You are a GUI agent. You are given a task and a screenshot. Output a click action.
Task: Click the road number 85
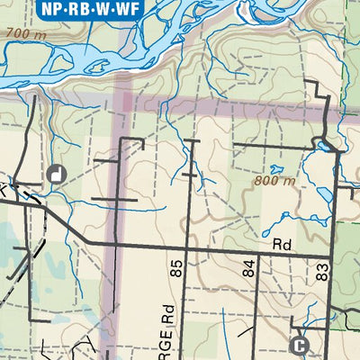[175, 267]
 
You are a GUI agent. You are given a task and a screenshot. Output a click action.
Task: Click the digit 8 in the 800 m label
[258, 180]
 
